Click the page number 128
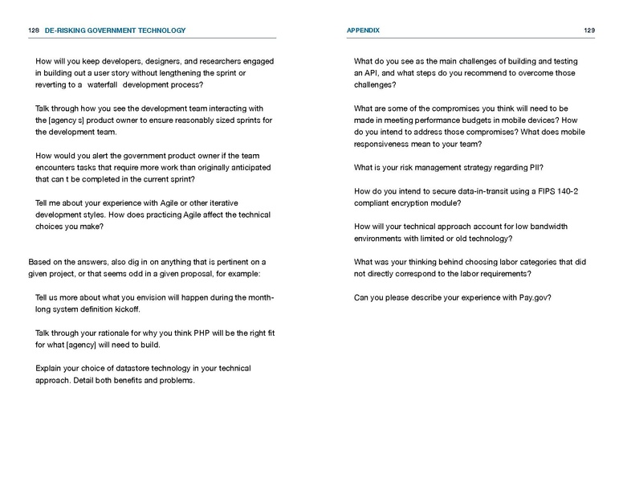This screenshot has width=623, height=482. pos(34,31)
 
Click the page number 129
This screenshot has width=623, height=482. pos(589,31)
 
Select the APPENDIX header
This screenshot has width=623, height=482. pos(363,31)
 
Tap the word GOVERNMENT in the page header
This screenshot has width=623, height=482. pos(112,31)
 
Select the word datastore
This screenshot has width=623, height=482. pos(132,368)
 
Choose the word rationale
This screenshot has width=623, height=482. pos(110,333)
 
